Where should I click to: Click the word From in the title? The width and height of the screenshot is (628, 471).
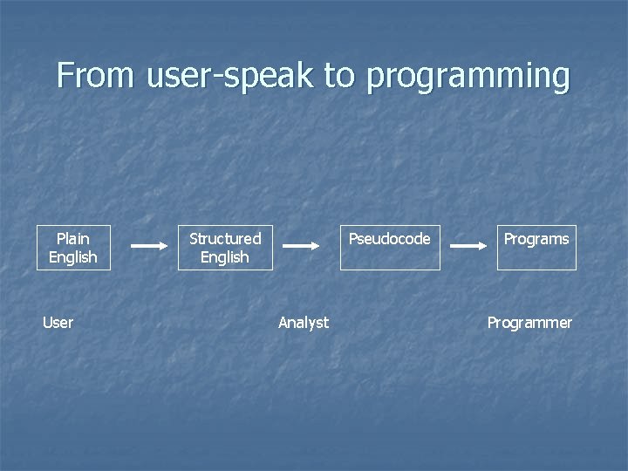click(94, 76)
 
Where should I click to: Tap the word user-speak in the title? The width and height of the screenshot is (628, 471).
click(228, 77)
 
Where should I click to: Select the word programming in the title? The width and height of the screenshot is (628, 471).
click(468, 77)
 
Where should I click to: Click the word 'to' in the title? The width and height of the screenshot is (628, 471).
click(339, 76)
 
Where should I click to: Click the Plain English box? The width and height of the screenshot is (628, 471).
click(73, 248)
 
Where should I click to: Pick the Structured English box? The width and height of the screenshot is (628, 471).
click(225, 248)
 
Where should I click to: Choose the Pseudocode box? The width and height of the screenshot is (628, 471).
click(390, 248)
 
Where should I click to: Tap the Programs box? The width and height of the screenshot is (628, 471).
click(536, 248)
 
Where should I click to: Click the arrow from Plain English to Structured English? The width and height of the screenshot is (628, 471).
click(148, 246)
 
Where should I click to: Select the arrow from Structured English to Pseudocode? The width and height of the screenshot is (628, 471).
click(302, 246)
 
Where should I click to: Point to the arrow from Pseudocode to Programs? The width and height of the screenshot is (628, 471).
click(468, 246)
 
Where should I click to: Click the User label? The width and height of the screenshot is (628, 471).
click(58, 323)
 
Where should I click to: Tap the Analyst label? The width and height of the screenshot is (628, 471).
click(304, 323)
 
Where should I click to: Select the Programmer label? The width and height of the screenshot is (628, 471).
click(529, 323)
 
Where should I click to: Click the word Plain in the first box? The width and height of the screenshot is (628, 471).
click(73, 238)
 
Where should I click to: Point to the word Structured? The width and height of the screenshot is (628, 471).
click(225, 238)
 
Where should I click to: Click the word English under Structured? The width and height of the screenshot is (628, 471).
click(225, 257)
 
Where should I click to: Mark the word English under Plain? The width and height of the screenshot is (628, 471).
click(73, 257)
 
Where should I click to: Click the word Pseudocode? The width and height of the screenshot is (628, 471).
click(390, 238)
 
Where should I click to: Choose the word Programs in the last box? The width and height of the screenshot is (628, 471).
click(536, 239)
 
